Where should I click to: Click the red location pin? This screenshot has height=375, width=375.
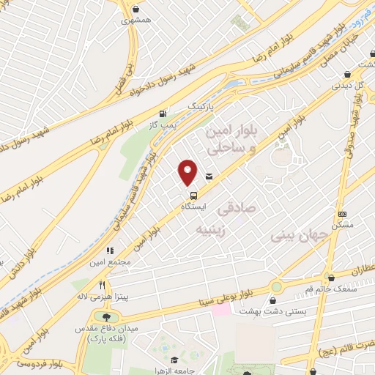pyautogui.click(x=187, y=171)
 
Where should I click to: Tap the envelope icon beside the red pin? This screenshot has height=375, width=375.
pyautogui.click(x=209, y=176)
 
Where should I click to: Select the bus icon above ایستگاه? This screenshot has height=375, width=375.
pyautogui.click(x=193, y=196)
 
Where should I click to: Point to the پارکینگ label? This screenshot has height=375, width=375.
pyautogui.click(x=202, y=106)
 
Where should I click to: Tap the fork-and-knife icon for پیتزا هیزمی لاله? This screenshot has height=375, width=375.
pyautogui.click(x=103, y=286)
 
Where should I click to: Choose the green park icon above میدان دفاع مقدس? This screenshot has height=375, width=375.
pyautogui.click(x=108, y=316)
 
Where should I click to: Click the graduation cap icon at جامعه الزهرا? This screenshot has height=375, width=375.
pyautogui.click(x=175, y=360)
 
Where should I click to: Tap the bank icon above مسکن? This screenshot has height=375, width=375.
pyautogui.click(x=341, y=214)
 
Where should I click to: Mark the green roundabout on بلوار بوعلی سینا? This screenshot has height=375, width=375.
pyautogui.click(x=276, y=286)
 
